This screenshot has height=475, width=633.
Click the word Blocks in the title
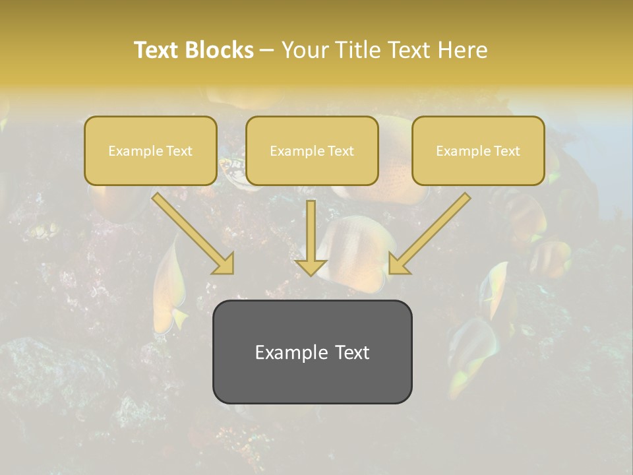219,50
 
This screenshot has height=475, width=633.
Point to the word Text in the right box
506,151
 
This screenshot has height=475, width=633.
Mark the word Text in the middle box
340,151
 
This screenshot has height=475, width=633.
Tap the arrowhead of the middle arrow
311,267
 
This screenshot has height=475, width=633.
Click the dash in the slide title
267,50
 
